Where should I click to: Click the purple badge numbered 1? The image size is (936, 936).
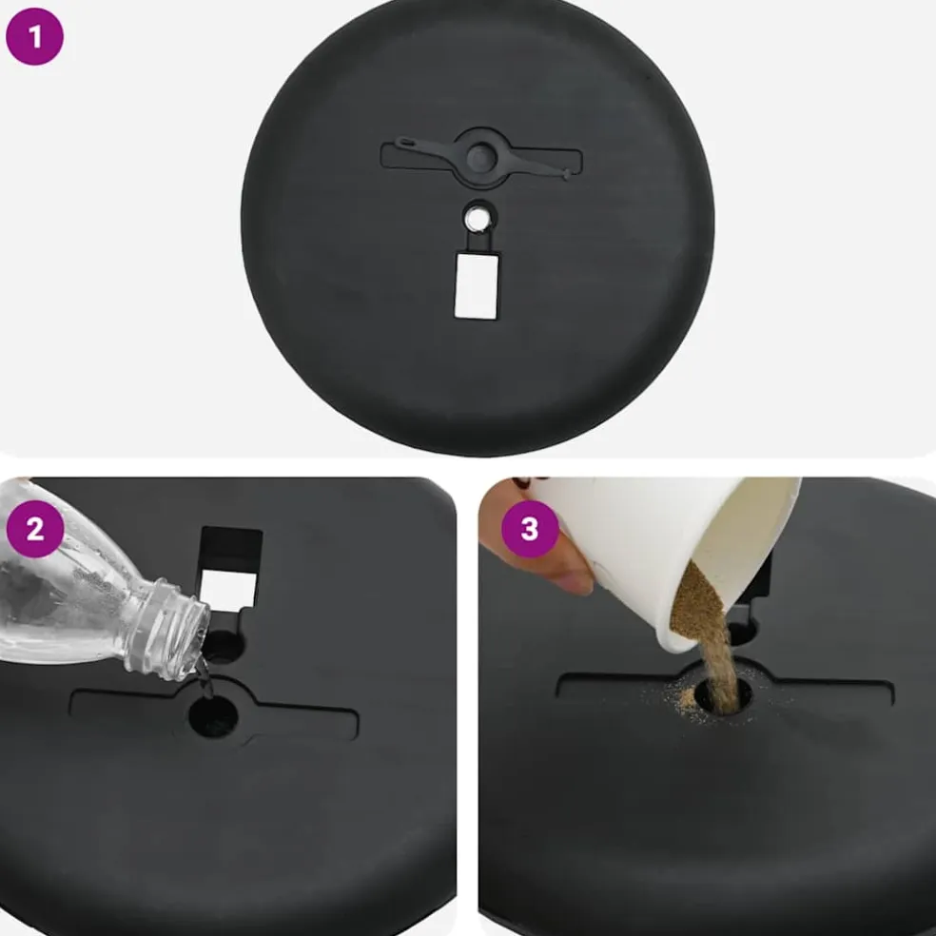point(34,36)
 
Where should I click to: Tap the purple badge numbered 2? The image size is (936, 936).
point(34,529)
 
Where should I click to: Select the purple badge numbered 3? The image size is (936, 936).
point(530,529)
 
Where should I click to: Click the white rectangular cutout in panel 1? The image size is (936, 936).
point(477,285)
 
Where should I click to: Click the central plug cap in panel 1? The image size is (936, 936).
point(481,158)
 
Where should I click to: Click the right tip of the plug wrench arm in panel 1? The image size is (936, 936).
point(567,174)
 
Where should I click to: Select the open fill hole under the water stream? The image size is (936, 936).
point(213,715)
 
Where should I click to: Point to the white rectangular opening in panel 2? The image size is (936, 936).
point(228,591)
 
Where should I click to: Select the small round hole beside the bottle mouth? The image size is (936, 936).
point(224,646)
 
